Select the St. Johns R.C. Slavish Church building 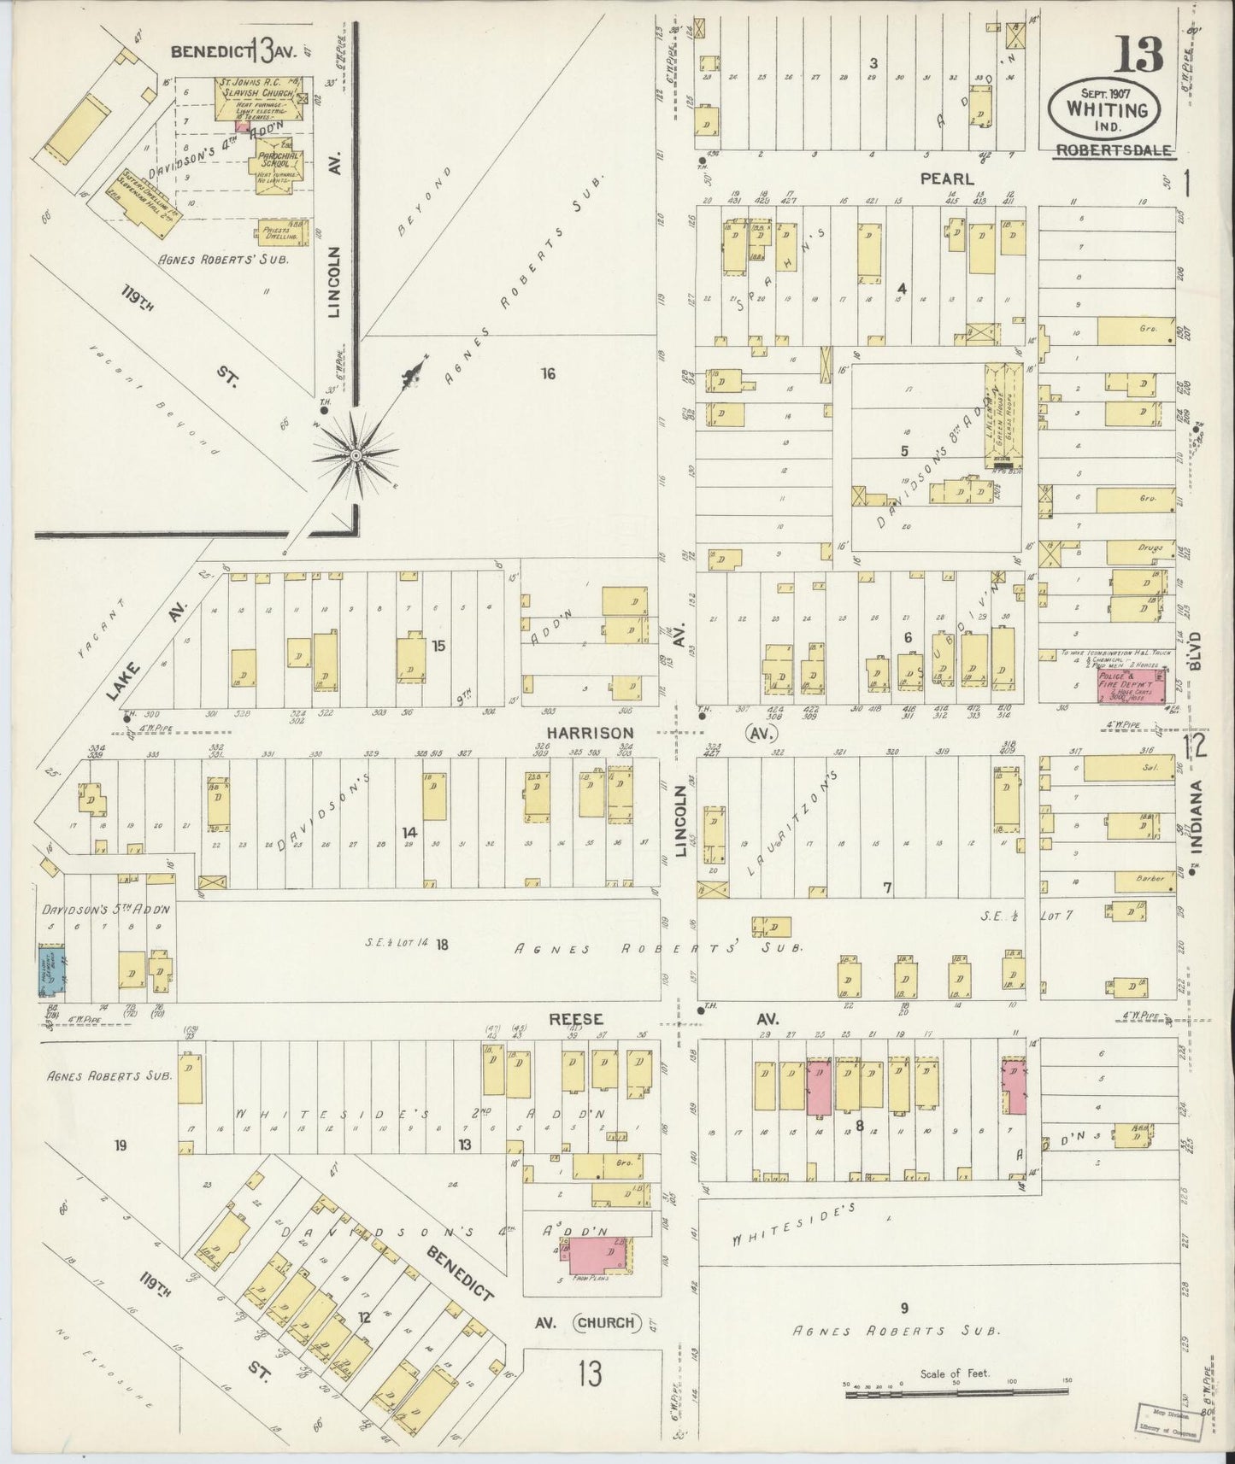254,97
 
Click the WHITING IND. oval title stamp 1106,110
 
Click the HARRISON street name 591,733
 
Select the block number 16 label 548,372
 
